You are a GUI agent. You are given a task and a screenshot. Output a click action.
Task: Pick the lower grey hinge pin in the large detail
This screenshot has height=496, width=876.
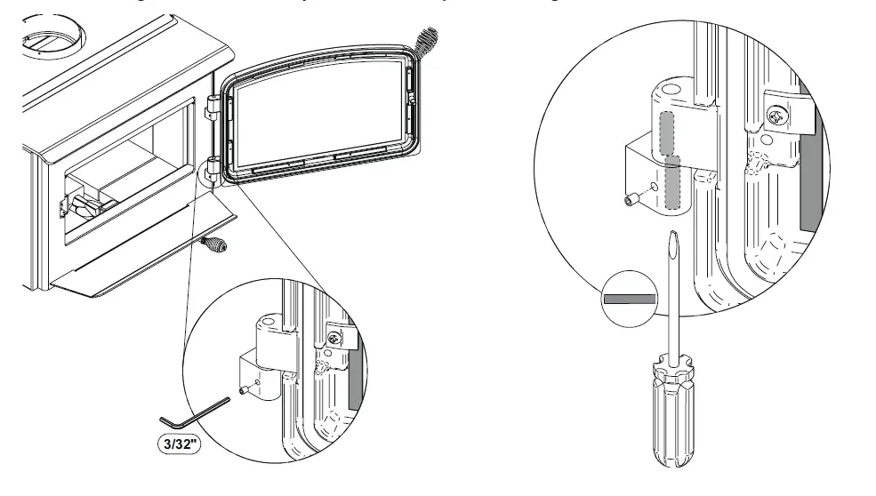click(x=674, y=184)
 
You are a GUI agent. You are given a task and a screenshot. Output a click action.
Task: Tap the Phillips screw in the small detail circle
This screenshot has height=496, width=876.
click(x=335, y=340)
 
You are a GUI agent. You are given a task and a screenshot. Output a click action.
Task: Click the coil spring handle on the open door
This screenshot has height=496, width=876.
click(x=427, y=41)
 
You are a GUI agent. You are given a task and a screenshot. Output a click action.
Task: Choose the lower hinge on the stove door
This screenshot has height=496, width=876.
click(x=213, y=166)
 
